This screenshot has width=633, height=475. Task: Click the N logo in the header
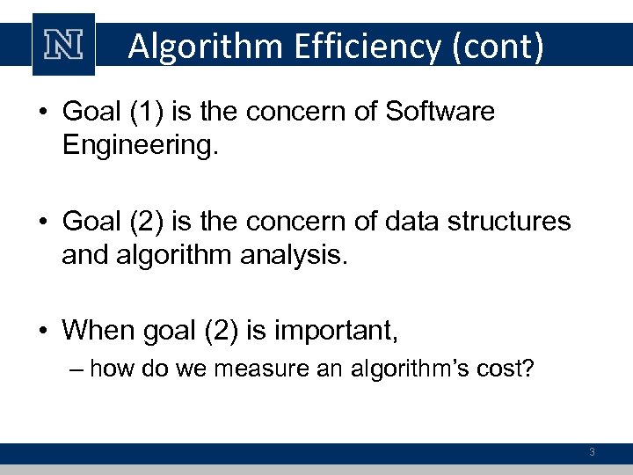click(x=63, y=45)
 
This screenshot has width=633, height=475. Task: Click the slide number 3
click(x=592, y=452)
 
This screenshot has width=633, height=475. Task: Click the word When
click(x=98, y=330)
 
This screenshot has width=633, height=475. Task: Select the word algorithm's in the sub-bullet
click(x=396, y=368)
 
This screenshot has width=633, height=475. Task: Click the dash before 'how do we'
click(x=75, y=368)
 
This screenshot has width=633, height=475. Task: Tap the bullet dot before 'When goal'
click(x=43, y=331)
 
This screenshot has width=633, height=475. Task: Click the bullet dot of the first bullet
click(x=43, y=113)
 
